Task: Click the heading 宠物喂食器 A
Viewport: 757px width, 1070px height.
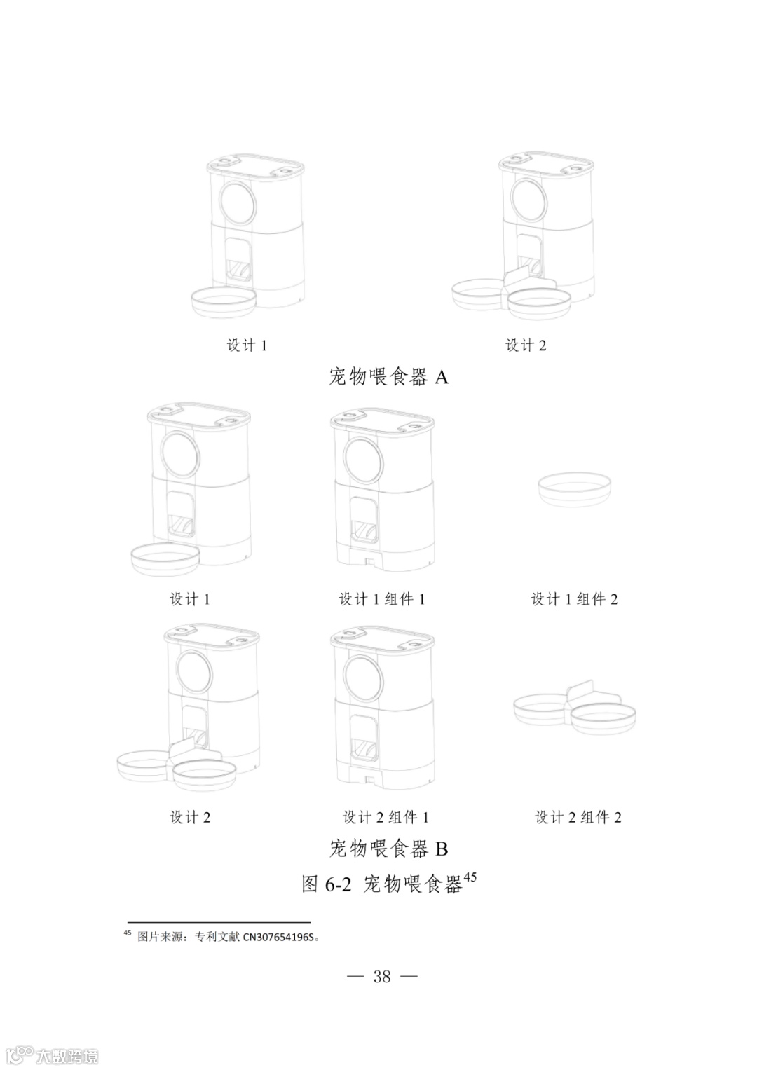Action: pyautogui.click(x=388, y=378)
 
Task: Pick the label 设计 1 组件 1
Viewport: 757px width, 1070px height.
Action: pyautogui.click(x=382, y=599)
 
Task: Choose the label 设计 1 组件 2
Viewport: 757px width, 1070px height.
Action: pyautogui.click(x=575, y=599)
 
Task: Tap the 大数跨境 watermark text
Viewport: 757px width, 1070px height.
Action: pyautogui.click(x=67, y=1056)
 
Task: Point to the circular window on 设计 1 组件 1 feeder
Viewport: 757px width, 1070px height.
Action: pyautogui.click(x=364, y=460)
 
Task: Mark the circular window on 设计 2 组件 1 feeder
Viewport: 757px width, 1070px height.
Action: pyautogui.click(x=364, y=679)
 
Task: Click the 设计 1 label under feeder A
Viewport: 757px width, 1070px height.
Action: pyautogui.click(x=247, y=345)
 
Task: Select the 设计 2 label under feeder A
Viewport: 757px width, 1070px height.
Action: pyautogui.click(x=526, y=345)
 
